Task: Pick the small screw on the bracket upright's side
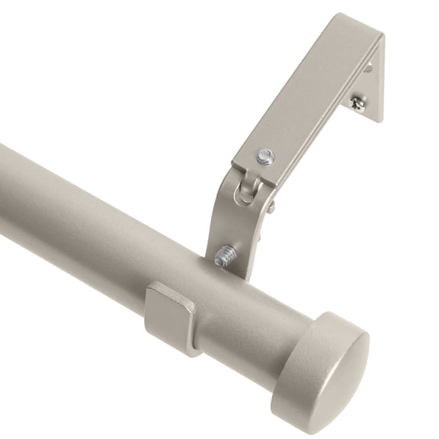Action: [x=271, y=206]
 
